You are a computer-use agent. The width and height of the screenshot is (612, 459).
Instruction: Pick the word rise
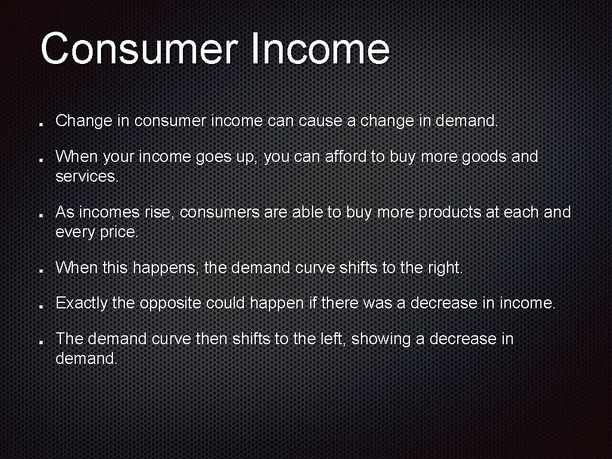point(158,212)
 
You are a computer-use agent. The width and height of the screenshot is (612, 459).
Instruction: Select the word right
point(445,268)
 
